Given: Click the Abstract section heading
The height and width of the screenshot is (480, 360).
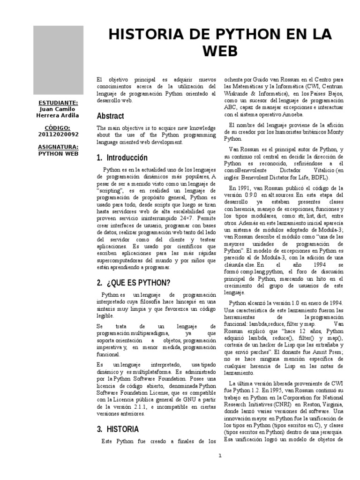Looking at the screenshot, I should pyautogui.click(x=111, y=116).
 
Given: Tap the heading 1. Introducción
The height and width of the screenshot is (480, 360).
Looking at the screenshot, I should pyautogui.click(x=122, y=157).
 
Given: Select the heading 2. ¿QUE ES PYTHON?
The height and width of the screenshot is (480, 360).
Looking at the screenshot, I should pyautogui.click(x=134, y=283).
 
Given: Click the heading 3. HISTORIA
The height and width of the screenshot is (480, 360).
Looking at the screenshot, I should pyautogui.click(x=118, y=429).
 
